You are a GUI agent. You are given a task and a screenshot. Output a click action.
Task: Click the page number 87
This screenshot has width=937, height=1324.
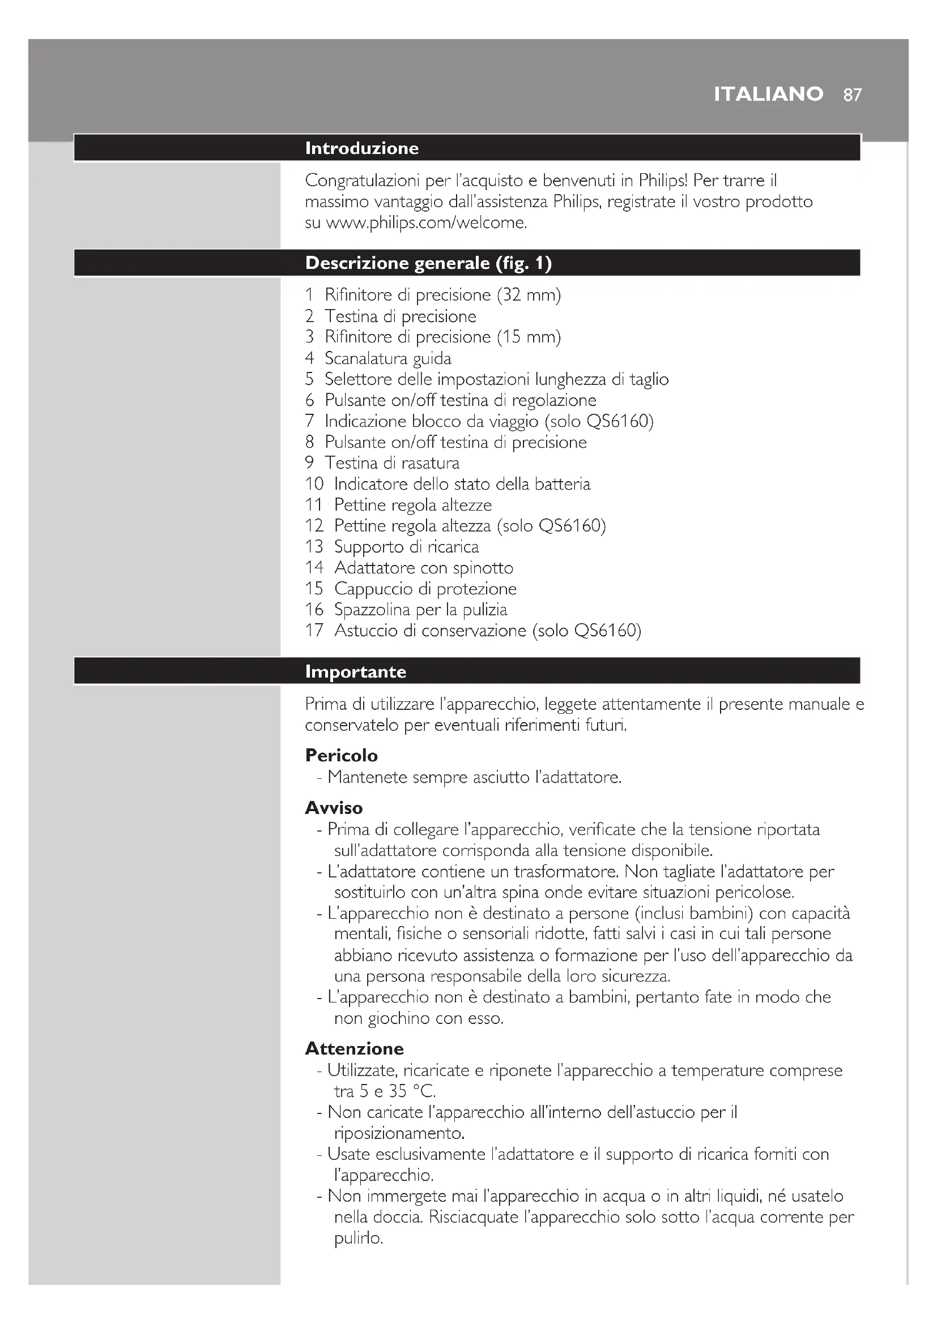pos(852,95)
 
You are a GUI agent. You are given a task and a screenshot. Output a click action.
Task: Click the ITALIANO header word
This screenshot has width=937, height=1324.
pos(768,94)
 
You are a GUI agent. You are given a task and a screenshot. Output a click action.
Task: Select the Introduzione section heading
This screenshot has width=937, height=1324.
pos(362,148)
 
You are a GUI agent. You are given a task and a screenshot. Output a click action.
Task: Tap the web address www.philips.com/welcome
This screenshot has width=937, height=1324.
pos(427,222)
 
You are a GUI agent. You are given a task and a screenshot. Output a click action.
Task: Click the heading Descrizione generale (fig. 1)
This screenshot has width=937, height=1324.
pos(428,263)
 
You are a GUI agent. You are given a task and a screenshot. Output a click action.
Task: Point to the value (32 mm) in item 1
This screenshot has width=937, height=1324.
pos(529,295)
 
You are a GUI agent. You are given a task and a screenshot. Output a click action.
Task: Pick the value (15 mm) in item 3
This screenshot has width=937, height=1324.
pos(529,337)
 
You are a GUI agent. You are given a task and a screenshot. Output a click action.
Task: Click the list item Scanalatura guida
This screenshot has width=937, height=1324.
pos(387,358)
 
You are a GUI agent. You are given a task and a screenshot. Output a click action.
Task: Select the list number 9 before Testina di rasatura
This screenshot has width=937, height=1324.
pos(310,462)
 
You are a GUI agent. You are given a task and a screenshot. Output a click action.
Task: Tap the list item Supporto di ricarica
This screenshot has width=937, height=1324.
pos(406,546)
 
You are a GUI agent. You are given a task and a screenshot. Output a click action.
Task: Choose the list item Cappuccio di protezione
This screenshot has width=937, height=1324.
pos(425,588)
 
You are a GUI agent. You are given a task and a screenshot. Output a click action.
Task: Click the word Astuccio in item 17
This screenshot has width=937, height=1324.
pos(366,630)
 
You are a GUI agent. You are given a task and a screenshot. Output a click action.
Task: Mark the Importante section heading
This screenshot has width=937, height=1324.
pos(355,671)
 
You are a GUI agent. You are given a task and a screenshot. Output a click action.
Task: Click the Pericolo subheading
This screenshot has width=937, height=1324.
pos(341,755)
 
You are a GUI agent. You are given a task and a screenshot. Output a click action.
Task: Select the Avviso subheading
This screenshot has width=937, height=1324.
pos(334,807)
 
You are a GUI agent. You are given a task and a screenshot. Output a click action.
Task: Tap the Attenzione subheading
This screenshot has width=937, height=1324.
pos(354,1048)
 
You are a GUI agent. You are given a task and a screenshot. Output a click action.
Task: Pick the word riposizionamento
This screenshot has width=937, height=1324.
pos(399,1133)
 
